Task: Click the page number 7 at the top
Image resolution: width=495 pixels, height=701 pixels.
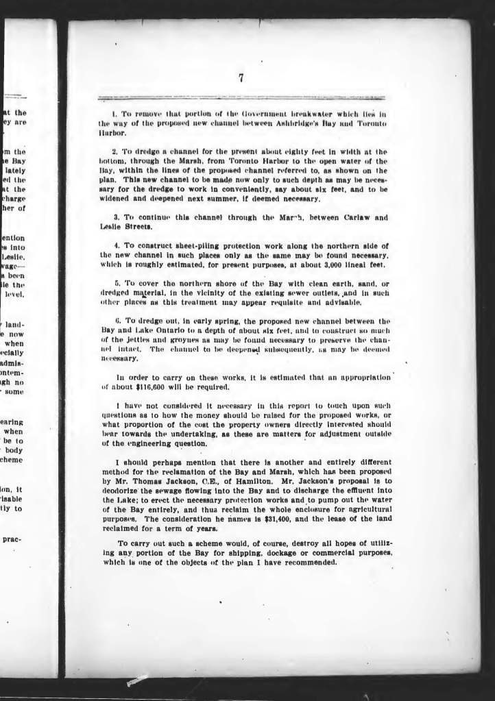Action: [242, 77]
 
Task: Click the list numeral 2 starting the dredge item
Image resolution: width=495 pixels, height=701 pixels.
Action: [113, 151]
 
